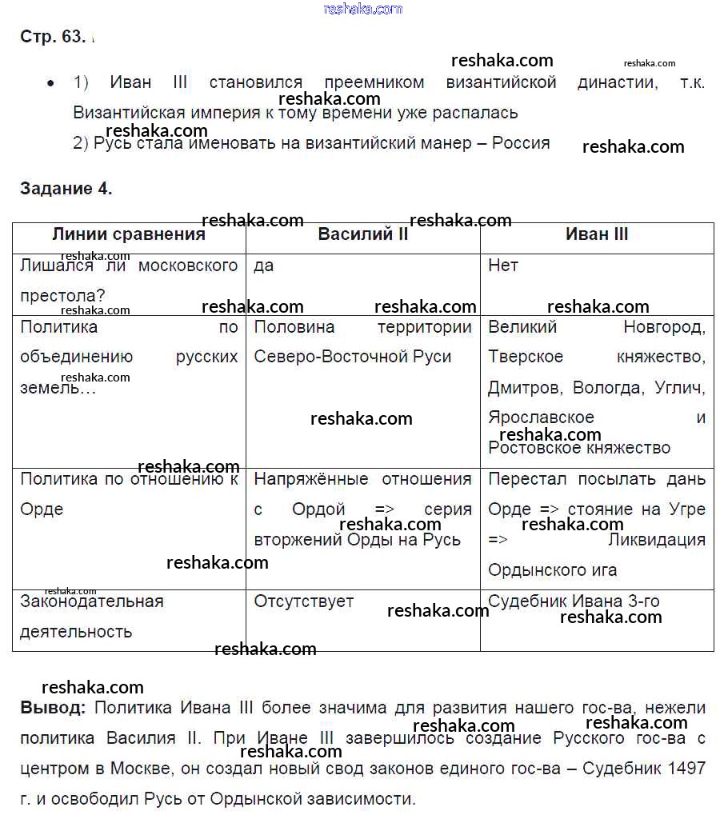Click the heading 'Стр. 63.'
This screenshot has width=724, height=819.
[53, 37]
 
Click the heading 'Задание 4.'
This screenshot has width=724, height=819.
[66, 190]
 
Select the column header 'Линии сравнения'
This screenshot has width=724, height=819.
[129, 234]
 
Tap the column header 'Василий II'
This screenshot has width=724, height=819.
[363, 234]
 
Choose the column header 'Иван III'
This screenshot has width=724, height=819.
[597, 234]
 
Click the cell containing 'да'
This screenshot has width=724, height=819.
[264, 266]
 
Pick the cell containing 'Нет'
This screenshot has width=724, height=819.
[503, 266]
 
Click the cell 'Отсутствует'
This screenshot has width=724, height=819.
[304, 601]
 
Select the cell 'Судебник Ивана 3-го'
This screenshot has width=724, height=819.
[574, 601]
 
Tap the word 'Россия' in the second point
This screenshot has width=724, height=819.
[521, 143]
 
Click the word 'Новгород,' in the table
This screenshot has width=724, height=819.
[664, 326]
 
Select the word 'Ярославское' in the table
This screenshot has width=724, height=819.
[541, 417]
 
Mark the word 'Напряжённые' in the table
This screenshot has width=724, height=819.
[311, 479]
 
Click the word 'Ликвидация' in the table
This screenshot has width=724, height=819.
[657, 540]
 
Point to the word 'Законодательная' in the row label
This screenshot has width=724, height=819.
[91, 601]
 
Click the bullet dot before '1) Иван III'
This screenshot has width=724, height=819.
[51, 83]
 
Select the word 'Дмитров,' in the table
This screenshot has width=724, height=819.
[523, 388]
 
